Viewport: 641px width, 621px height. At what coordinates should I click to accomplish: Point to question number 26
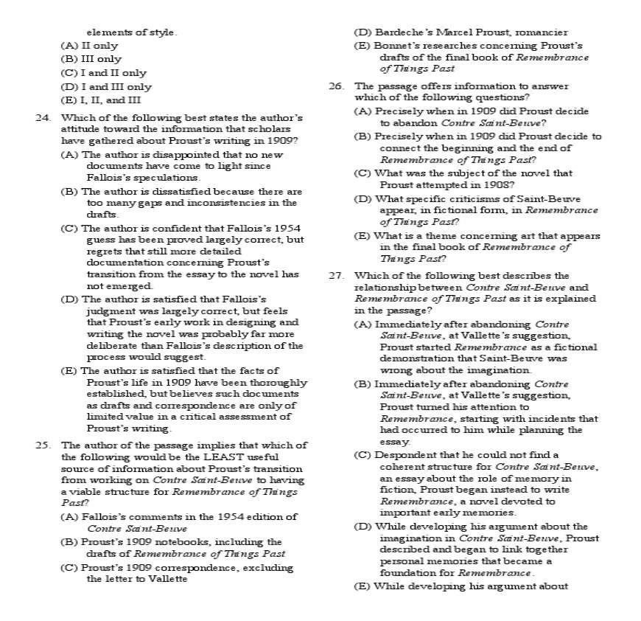point(337,86)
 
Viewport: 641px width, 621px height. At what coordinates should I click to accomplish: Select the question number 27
point(337,276)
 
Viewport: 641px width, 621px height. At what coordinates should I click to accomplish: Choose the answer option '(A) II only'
point(89,46)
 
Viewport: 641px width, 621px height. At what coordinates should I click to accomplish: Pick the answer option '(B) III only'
point(91,59)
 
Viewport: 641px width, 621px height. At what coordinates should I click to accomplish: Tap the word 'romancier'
point(542,32)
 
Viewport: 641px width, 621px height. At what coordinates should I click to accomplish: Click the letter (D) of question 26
point(362,199)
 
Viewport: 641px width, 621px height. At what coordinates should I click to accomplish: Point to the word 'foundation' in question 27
point(406,573)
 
